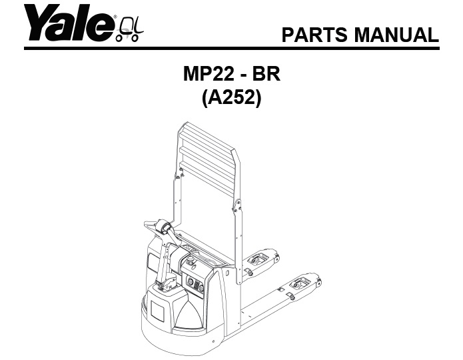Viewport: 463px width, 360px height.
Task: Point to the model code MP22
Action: pos(211,75)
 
